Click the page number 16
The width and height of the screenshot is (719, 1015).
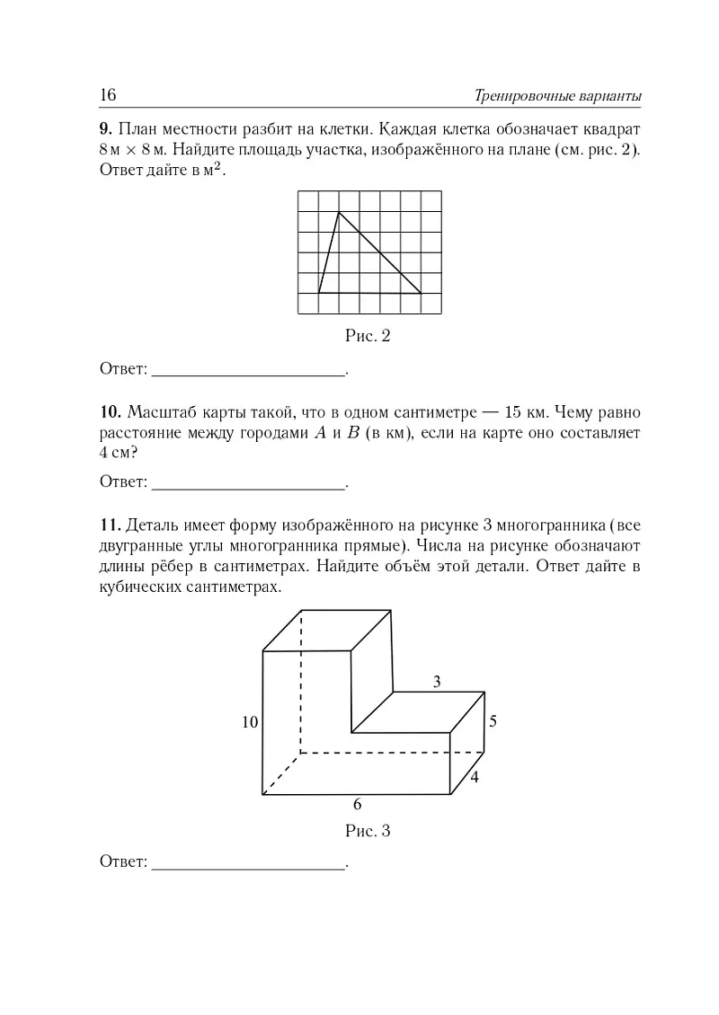pyautogui.click(x=109, y=95)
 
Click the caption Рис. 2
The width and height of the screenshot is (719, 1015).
pyautogui.click(x=368, y=337)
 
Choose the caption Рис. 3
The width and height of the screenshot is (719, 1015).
pyautogui.click(x=368, y=830)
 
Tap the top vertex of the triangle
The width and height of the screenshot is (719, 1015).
pyautogui.click(x=339, y=212)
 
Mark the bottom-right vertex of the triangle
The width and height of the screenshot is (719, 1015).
pyautogui.click(x=422, y=293)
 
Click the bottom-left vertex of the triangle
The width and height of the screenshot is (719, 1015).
pyautogui.click(x=318, y=293)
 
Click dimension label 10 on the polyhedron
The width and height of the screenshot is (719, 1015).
pyautogui.click(x=250, y=721)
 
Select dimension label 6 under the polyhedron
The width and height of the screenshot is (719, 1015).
pyautogui.click(x=357, y=804)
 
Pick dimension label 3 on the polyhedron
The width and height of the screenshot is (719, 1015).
pyautogui.click(x=437, y=682)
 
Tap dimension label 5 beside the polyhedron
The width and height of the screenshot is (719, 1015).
pyautogui.click(x=493, y=721)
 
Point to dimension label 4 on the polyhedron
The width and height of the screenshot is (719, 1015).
pyautogui.click(x=474, y=778)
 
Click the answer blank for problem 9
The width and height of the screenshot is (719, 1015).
pyautogui.click(x=249, y=368)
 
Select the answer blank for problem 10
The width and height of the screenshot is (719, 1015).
pyautogui.click(x=249, y=482)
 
